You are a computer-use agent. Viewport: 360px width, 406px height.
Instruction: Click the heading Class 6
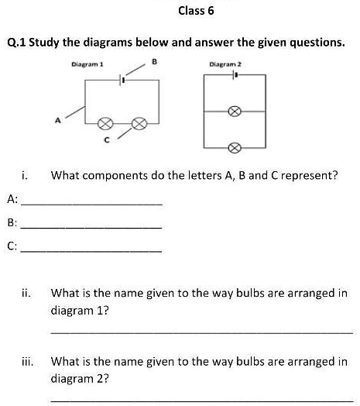(x=195, y=11)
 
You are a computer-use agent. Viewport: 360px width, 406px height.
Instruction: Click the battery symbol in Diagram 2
(x=235, y=76)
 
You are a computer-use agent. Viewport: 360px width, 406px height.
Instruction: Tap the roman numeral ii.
(x=26, y=294)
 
